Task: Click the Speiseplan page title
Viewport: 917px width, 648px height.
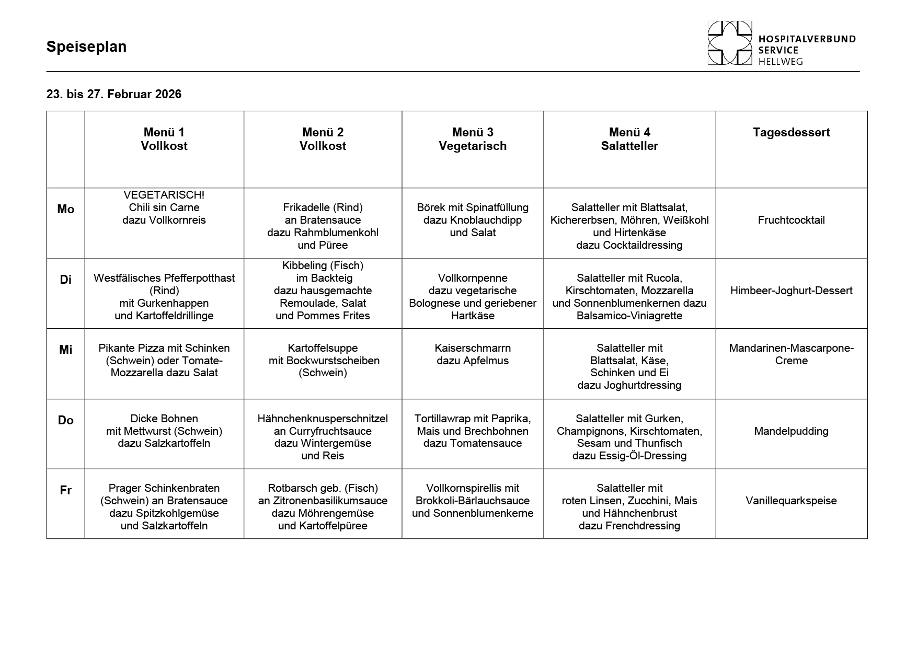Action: [x=86, y=47]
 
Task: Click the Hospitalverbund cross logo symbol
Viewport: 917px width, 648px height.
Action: [x=730, y=43]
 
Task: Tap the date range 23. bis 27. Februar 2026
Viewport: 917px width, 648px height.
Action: [x=114, y=94]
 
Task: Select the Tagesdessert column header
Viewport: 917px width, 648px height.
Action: [x=791, y=133]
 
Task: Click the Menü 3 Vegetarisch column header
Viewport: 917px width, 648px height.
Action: [x=473, y=139]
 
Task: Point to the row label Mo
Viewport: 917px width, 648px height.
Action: [x=65, y=209]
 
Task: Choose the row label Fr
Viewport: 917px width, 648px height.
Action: [x=65, y=490]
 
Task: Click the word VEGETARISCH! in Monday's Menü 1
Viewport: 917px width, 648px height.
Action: [x=164, y=195]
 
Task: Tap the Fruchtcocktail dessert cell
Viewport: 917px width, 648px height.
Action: [x=791, y=220]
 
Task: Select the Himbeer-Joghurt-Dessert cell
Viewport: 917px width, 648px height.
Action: [x=791, y=291]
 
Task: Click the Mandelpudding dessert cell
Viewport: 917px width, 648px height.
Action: [x=791, y=431]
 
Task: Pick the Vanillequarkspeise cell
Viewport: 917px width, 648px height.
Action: [x=791, y=501]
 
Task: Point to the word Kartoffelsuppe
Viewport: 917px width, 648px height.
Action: [x=323, y=348]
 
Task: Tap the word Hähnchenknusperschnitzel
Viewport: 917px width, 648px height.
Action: [x=323, y=419]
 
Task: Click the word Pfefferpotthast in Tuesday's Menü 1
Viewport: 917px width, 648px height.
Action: [x=199, y=278]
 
